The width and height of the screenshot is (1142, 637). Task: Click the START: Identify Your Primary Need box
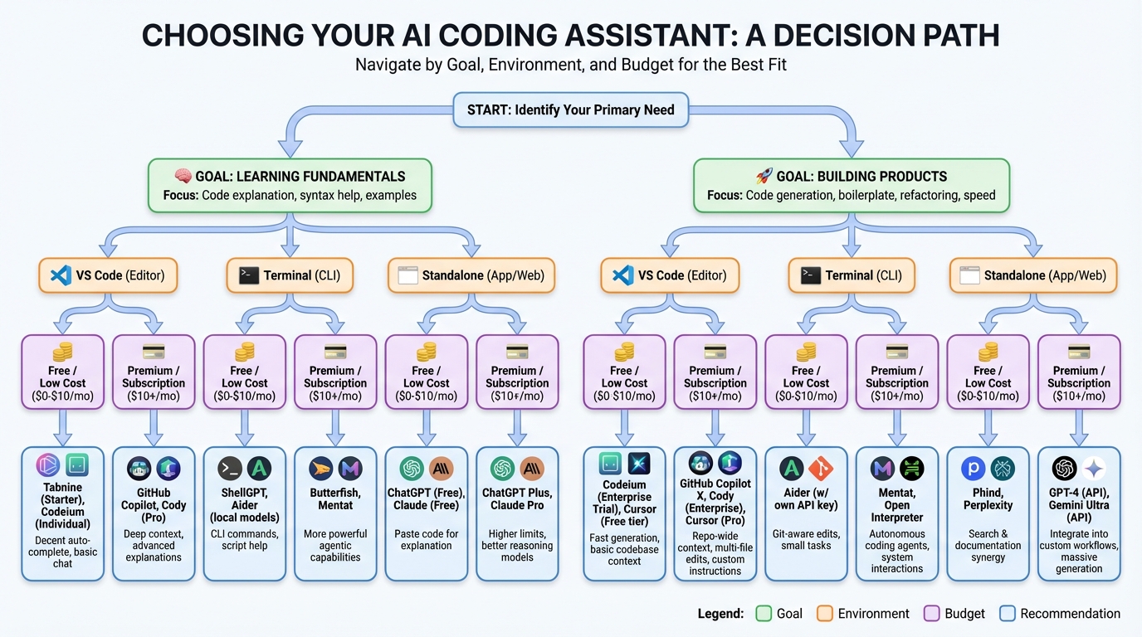[x=570, y=109]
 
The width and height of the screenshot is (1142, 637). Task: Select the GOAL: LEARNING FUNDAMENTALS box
[x=290, y=186]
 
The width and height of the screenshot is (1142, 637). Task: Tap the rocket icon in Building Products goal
[x=764, y=176]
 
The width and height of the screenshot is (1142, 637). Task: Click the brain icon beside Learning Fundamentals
[x=184, y=176]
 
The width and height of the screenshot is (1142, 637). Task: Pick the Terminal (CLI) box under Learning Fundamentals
[x=290, y=275]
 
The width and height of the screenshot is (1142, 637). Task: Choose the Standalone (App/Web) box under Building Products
[x=1032, y=275]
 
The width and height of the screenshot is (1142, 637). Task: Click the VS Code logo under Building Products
[x=623, y=275]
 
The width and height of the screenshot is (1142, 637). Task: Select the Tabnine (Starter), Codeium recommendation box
[x=63, y=513]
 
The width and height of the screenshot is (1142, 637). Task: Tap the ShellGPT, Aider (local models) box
[x=244, y=513]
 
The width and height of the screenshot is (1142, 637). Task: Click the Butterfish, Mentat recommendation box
[x=335, y=513]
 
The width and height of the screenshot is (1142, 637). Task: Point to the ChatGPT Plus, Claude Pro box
[x=517, y=513]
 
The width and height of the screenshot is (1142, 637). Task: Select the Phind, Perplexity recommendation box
[x=988, y=513]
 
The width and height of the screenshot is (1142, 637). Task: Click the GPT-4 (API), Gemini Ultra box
[x=1079, y=513]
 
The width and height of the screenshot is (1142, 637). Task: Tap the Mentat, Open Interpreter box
[x=896, y=513]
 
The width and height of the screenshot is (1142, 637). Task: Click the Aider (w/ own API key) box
[x=806, y=513]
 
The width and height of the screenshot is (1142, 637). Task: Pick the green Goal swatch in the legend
[x=764, y=614]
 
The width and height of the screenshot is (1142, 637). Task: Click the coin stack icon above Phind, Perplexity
[x=988, y=352]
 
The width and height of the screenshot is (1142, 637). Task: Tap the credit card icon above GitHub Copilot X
[x=715, y=352]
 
